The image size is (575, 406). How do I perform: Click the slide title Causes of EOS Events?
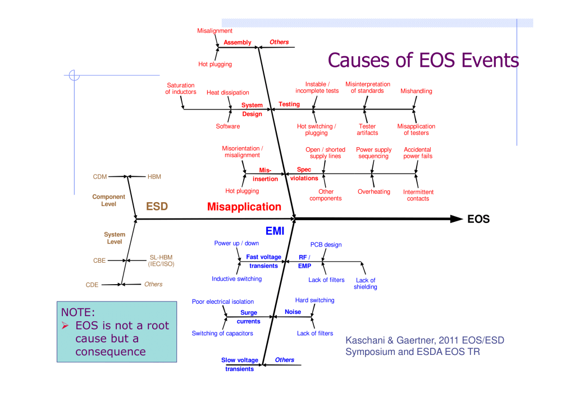point(423,60)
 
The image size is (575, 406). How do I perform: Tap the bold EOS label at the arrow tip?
point(478,220)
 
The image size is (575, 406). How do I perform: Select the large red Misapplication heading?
point(244,207)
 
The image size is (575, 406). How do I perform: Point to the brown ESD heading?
point(157,207)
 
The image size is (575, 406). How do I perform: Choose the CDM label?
point(99,177)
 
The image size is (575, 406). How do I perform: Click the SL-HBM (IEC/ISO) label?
point(161,261)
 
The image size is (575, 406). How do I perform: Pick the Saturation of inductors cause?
point(180,89)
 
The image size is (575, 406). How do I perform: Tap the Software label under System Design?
point(227,126)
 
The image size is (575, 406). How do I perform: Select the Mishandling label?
point(416,91)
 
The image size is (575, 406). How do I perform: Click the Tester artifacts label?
point(367,130)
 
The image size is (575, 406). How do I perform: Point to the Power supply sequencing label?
point(373,153)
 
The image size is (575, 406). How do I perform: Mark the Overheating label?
point(373,191)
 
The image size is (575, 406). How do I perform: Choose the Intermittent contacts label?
point(418,195)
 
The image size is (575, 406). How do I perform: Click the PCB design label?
point(326,245)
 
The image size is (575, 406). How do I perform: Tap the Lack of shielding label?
point(365,284)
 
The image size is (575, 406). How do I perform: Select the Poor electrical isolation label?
point(222,302)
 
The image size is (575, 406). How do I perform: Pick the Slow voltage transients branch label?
point(239,364)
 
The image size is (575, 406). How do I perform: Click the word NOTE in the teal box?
point(77,312)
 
